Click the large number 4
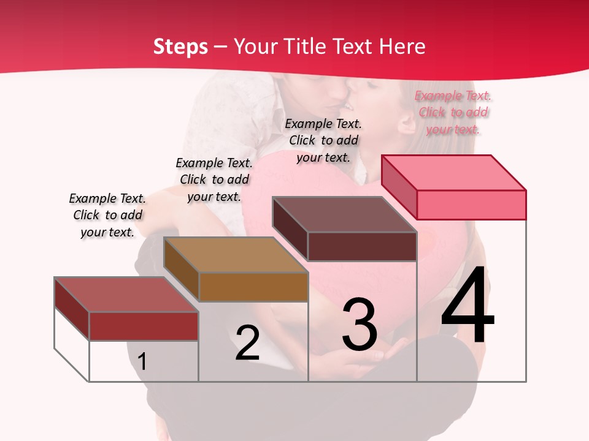[468, 306]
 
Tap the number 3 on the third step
[360, 325]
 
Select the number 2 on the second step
[247, 343]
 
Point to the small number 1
[142, 361]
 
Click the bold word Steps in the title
[180, 47]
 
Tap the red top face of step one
[126, 295]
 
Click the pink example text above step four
[453, 113]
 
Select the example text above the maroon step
[323, 141]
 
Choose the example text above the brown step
[214, 180]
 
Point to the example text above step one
[107, 216]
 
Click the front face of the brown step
[253, 287]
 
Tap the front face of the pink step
[471, 205]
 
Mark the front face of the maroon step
[362, 246]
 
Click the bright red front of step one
[144, 326]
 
